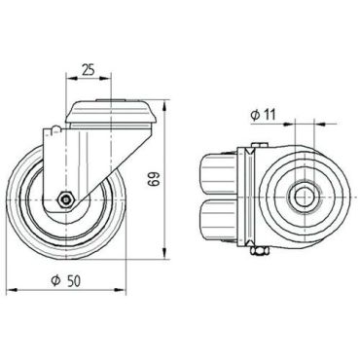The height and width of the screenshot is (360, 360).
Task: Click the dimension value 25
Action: tap(88, 70)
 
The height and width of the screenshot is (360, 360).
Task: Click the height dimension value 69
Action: tap(154, 178)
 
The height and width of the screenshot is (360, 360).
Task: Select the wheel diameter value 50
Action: tap(74, 281)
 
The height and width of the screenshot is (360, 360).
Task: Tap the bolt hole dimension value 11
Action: tap(270, 115)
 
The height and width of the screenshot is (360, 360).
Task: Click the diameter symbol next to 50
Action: tap(56, 281)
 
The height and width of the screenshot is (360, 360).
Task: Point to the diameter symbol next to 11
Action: tap(255, 115)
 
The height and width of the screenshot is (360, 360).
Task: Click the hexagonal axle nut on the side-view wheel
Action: tap(66, 199)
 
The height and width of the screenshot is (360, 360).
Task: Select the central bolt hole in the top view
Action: tap(305, 197)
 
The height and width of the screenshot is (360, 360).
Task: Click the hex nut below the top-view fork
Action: tap(259, 251)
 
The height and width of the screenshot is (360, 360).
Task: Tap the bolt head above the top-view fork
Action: tap(259, 145)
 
